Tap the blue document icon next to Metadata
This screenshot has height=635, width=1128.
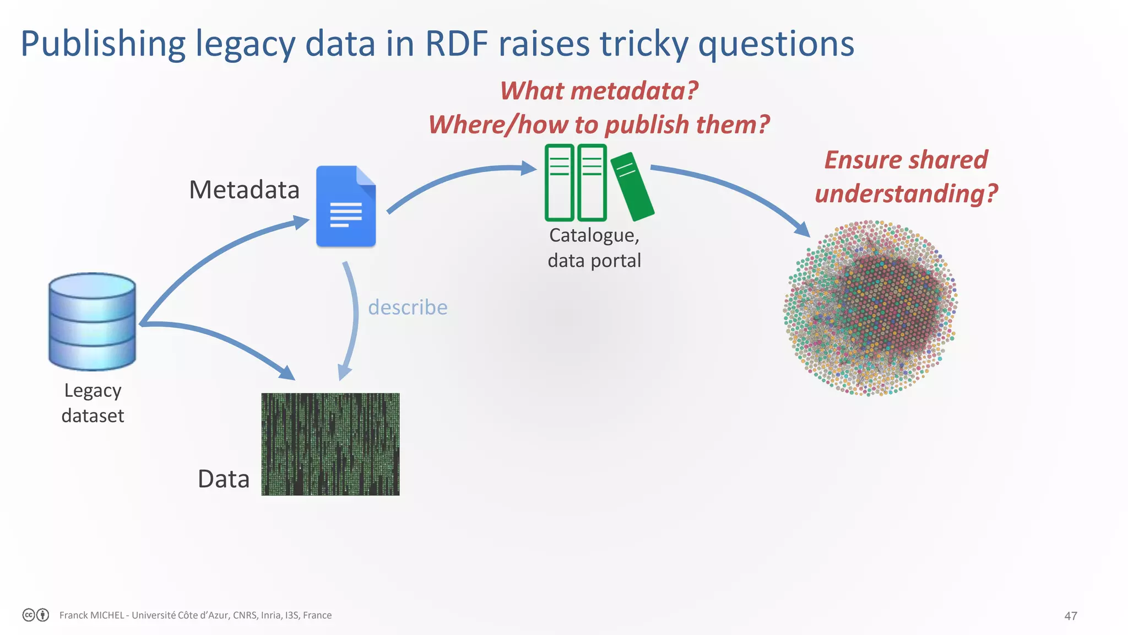[346, 206]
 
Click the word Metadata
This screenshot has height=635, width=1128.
[244, 190]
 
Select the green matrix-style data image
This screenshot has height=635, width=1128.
[330, 444]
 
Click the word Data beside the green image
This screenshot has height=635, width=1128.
[224, 479]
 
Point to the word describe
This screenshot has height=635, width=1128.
[408, 307]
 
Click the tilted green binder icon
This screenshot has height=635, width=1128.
[632, 186]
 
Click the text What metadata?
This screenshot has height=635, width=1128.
[599, 90]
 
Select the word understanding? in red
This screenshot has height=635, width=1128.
[906, 193]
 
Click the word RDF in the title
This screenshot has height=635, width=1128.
[457, 44]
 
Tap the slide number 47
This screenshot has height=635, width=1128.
[1070, 616]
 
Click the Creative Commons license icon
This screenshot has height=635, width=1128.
[29, 615]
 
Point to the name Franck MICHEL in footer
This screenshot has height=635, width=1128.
[91, 615]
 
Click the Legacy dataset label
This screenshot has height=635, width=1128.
[93, 403]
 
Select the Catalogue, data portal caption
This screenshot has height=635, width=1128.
[594, 247]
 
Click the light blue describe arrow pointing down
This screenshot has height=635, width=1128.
[353, 320]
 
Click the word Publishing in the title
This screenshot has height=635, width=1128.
[103, 44]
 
